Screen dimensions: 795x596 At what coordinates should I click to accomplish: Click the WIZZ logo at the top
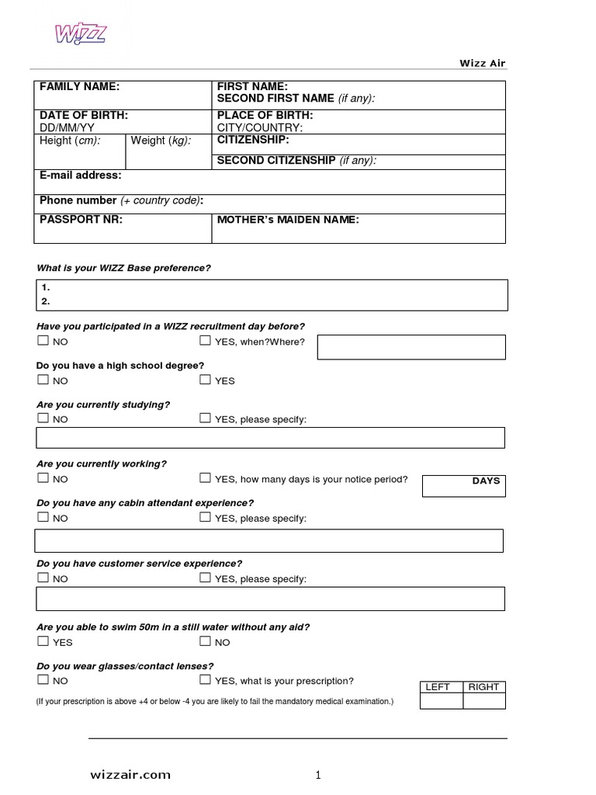(x=80, y=34)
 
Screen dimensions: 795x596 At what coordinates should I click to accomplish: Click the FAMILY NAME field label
(x=79, y=87)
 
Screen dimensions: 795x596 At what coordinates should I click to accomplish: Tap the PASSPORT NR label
(x=81, y=220)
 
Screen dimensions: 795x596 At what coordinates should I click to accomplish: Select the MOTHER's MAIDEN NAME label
(x=287, y=220)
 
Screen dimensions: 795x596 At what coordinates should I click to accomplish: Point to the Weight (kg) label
(x=161, y=141)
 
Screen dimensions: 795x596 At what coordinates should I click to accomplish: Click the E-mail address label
(x=80, y=175)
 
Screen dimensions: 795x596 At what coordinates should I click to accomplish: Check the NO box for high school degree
(x=43, y=380)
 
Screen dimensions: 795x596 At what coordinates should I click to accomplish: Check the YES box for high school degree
(x=205, y=380)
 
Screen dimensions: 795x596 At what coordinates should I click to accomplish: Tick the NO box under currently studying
(x=43, y=418)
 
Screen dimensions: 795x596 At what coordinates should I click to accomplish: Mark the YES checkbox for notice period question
(x=205, y=478)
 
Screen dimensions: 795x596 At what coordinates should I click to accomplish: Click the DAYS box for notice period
(x=463, y=486)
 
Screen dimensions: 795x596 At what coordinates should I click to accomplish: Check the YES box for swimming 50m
(x=43, y=641)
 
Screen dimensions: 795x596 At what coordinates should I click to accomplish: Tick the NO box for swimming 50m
(x=205, y=641)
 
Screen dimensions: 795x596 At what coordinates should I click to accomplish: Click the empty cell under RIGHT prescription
(x=484, y=701)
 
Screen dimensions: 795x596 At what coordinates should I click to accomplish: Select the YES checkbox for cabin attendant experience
(x=205, y=517)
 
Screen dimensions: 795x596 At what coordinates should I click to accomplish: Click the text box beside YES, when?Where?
(x=411, y=347)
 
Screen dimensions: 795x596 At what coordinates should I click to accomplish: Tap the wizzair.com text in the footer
(x=130, y=774)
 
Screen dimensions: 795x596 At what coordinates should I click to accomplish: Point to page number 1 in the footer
(x=317, y=774)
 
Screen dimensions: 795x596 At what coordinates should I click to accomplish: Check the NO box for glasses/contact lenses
(x=43, y=680)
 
